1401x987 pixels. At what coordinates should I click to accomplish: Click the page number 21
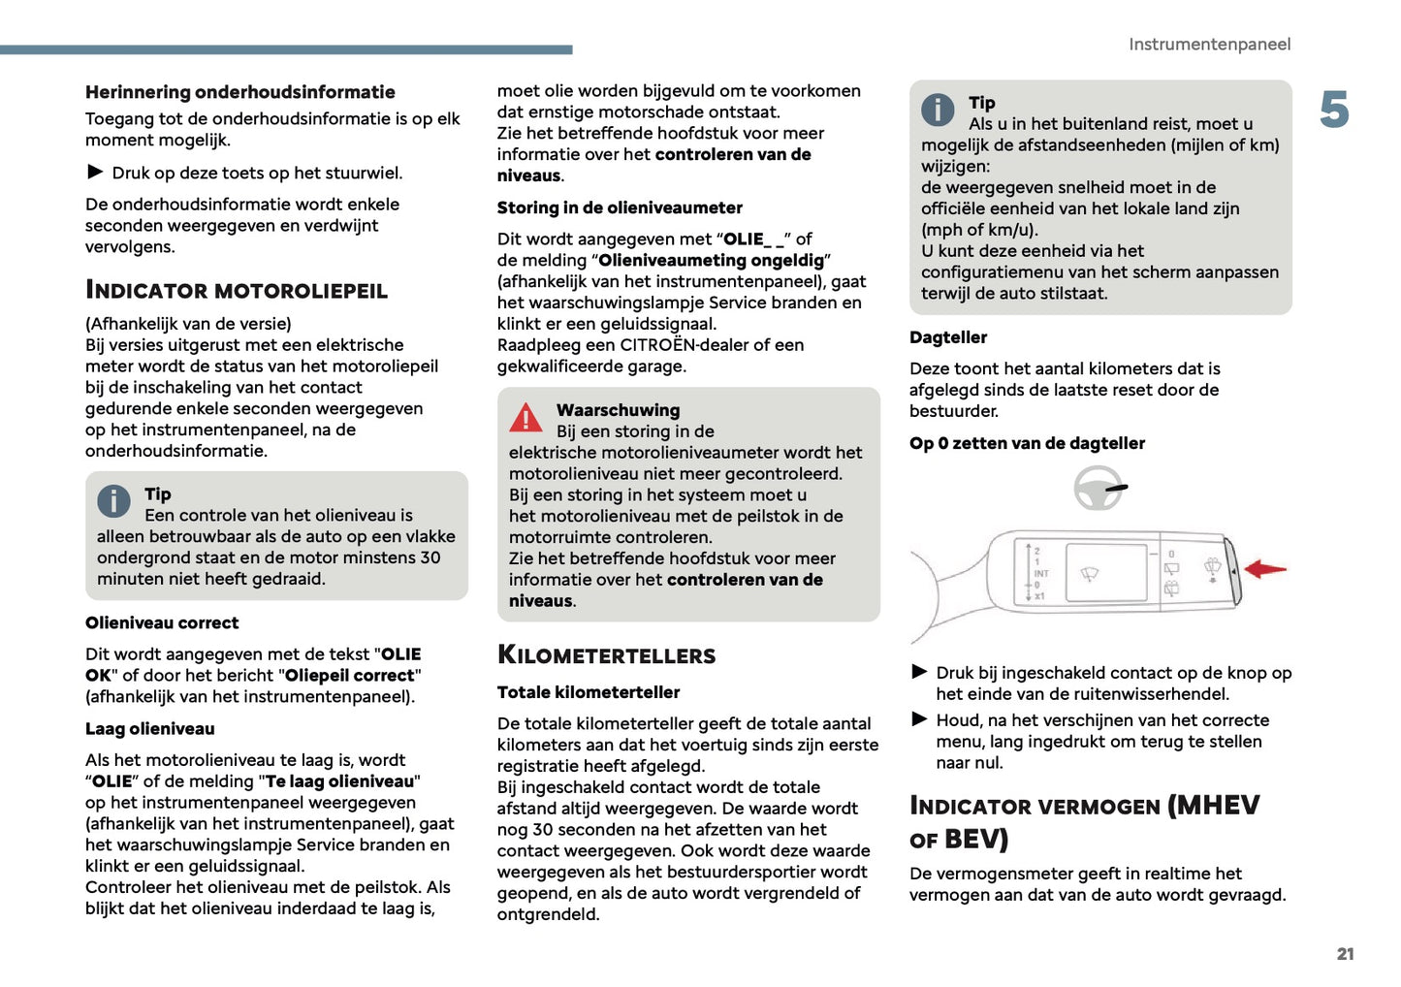(x=1345, y=954)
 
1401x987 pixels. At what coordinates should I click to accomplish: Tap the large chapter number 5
(x=1334, y=110)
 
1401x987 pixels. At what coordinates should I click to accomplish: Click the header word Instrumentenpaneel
(x=1209, y=44)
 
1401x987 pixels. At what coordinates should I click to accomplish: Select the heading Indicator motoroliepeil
(x=237, y=290)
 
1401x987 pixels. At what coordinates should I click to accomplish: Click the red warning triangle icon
(x=526, y=417)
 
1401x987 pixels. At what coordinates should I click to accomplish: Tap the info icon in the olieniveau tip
(x=113, y=500)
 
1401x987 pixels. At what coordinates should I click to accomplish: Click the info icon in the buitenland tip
(x=938, y=110)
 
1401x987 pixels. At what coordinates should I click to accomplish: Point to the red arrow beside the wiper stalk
(x=1265, y=569)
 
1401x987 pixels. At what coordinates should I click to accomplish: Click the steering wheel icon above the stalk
(x=1099, y=488)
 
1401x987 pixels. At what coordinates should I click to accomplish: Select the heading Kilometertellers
(x=606, y=655)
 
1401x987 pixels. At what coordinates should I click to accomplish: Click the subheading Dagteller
(x=948, y=337)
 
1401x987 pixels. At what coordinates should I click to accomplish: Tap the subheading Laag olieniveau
(x=149, y=729)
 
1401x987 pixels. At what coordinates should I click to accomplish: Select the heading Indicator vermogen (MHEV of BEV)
(x=1084, y=821)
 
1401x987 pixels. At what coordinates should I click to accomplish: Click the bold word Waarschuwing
(x=618, y=410)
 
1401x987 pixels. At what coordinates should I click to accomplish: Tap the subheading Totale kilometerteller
(x=588, y=692)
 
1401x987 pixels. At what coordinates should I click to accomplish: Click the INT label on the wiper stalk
(x=1041, y=573)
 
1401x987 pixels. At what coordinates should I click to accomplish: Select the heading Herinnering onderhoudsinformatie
(x=239, y=92)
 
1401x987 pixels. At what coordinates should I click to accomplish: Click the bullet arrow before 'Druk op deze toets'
(x=95, y=172)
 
